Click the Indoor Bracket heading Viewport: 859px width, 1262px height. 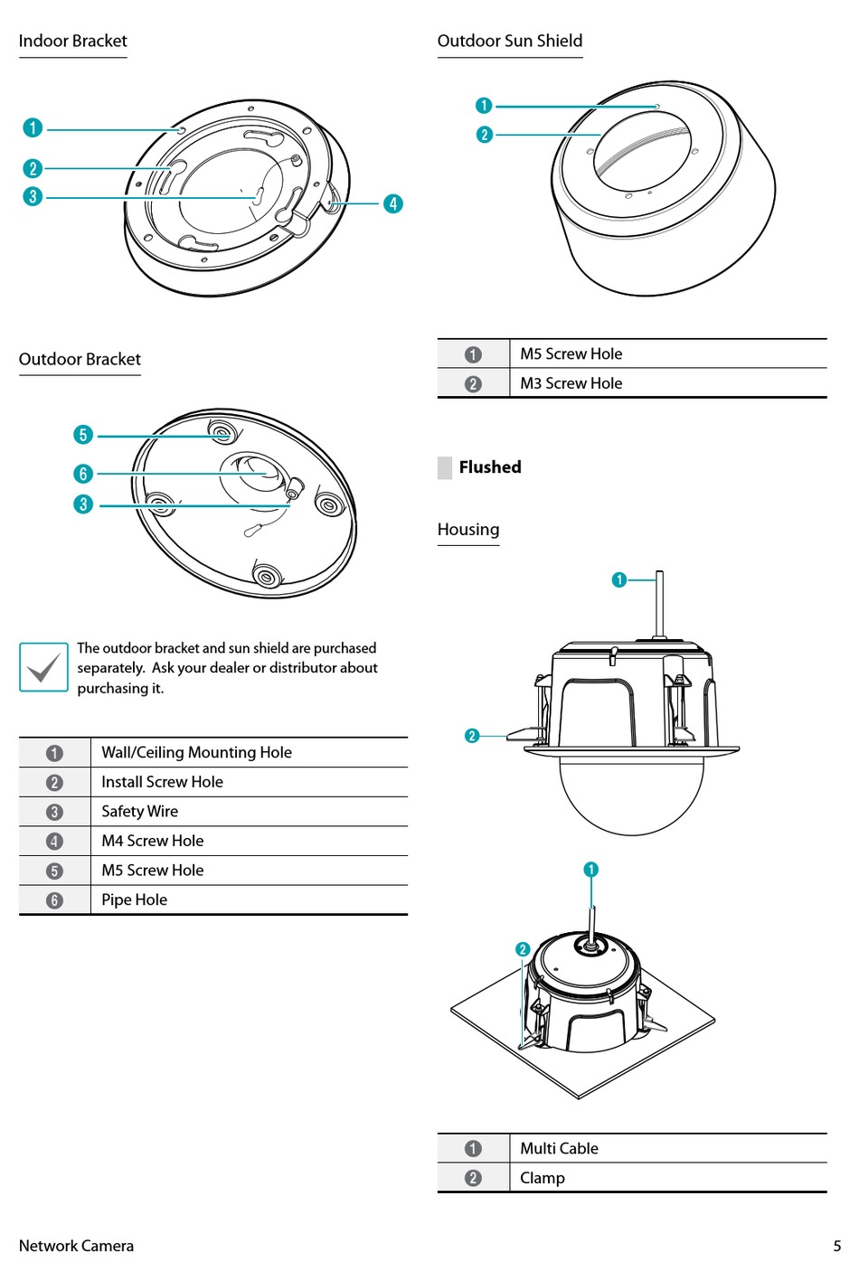point(72,41)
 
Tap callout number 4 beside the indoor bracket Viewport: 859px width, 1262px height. point(392,203)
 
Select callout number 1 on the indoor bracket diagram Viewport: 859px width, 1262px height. point(33,127)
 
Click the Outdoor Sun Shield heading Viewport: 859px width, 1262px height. point(509,41)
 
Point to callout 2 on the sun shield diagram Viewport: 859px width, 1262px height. point(484,135)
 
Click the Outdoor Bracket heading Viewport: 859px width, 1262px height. point(80,359)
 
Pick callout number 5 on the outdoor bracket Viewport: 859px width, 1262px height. point(83,435)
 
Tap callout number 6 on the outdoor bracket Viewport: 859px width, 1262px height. point(83,474)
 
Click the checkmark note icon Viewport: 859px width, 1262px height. point(43,667)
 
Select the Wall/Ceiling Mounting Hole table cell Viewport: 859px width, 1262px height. point(196,752)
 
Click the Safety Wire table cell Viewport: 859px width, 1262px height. point(139,811)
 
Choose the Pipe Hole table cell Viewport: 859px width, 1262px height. point(134,899)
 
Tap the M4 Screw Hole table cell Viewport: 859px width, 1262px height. point(152,841)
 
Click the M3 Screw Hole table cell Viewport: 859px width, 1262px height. point(571,383)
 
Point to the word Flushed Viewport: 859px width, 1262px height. point(489,467)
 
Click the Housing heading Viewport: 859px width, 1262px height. point(467,530)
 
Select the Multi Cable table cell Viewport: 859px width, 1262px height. point(559,1148)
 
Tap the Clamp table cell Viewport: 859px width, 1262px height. point(542,1178)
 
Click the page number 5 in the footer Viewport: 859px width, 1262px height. point(836,1246)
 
